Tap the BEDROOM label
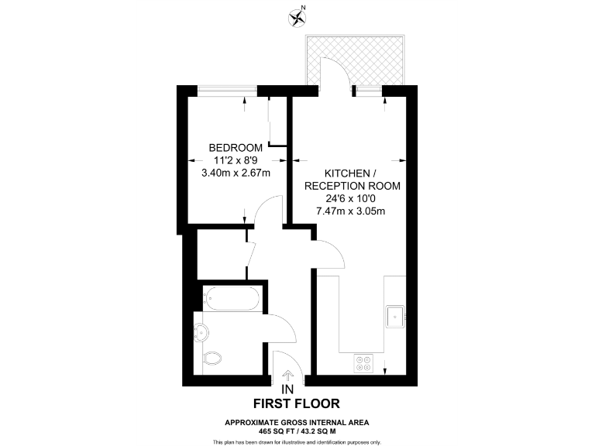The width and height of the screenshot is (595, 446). [x=236, y=148]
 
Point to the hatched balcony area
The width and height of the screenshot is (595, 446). [x=357, y=60]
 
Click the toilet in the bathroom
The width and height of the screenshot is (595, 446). [x=212, y=359]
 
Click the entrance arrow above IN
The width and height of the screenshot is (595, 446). [x=288, y=376]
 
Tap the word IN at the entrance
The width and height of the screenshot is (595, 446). [x=287, y=389]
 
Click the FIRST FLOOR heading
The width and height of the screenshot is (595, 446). [x=297, y=403]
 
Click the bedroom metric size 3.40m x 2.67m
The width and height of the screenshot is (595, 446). [x=236, y=173]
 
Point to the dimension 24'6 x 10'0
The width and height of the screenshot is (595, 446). [x=352, y=198]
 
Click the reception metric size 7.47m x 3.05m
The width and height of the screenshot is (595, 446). [x=352, y=211]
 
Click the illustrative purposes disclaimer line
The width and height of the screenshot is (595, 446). [x=297, y=441]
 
